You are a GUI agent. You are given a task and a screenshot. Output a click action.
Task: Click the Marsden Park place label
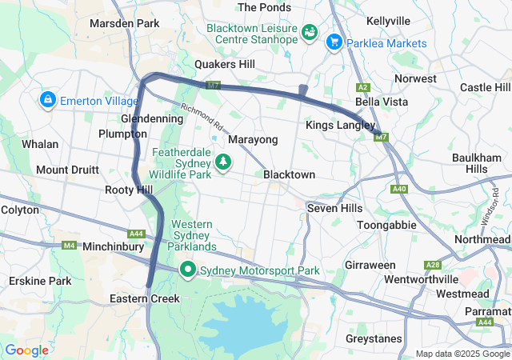point(125,24)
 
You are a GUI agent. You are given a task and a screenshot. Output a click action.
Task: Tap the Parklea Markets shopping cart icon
point(334,42)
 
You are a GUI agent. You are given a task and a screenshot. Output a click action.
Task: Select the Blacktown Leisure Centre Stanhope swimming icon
point(309,34)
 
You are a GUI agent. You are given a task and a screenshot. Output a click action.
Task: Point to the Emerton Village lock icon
point(47,100)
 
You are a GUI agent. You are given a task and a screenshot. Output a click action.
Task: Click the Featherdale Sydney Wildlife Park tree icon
point(224,162)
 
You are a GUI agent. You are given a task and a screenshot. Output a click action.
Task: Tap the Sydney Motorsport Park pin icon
point(188,270)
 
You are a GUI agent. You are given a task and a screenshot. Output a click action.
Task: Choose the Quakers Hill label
point(225,64)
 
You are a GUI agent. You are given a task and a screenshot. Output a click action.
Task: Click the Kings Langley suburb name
point(339,126)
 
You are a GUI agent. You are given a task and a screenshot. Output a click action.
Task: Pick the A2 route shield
point(363,87)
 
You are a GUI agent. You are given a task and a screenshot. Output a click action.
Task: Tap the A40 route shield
point(400,189)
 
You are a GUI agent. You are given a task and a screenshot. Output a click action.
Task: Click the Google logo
point(26,350)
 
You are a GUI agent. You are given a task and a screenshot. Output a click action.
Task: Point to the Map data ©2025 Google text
point(462,354)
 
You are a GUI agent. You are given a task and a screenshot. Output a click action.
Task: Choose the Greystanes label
point(374,338)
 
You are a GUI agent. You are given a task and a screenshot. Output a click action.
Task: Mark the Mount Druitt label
point(67,170)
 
